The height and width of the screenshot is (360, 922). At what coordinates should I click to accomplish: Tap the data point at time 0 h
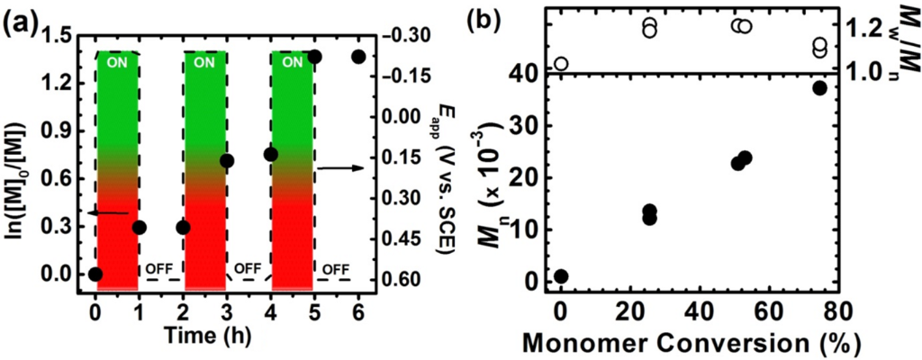pyautogui.click(x=95, y=274)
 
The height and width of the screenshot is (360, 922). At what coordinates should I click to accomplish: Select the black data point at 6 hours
pyautogui.click(x=357, y=57)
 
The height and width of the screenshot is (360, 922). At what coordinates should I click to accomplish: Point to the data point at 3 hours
pyautogui.click(x=227, y=161)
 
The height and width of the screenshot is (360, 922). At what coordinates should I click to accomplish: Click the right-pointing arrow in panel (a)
pyautogui.click(x=338, y=166)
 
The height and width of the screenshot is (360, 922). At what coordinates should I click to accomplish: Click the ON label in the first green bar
pyautogui.click(x=117, y=63)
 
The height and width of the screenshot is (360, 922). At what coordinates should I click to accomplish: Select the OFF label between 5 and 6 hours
pyautogui.click(x=336, y=268)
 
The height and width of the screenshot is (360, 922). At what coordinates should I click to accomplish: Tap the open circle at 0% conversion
pyautogui.click(x=561, y=63)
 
